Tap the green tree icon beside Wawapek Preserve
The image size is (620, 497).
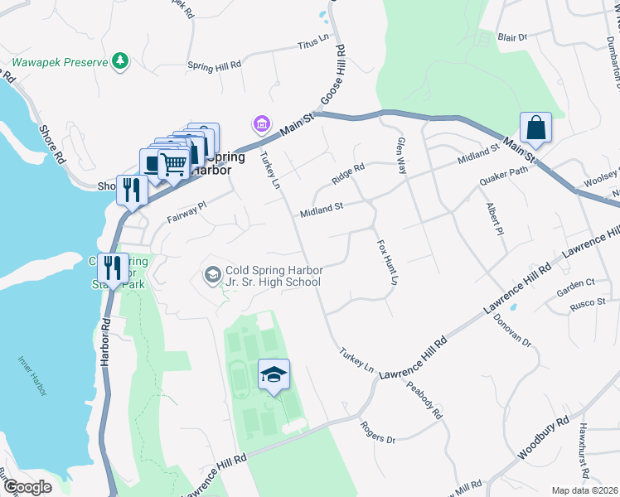click(121, 60)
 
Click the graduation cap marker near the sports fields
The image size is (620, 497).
click(274, 375)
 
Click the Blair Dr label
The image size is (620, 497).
click(513, 37)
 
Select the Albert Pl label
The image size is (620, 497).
click(495, 218)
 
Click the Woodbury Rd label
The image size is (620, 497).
click(544, 434)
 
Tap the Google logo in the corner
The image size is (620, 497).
click(27, 487)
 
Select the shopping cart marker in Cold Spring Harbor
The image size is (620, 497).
click(173, 164)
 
